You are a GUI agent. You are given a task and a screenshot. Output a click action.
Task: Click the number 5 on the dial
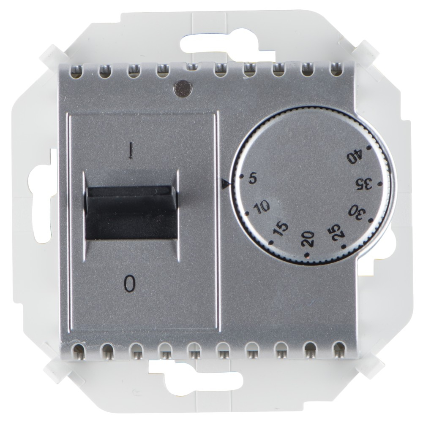coord(252,179)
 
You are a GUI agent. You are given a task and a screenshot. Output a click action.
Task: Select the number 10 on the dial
coord(262,206)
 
